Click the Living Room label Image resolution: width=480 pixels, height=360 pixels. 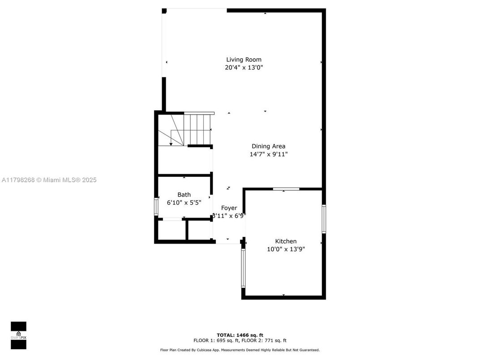244,60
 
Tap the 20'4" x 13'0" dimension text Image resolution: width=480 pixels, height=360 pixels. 244,68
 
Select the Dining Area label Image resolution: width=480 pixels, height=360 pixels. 268,146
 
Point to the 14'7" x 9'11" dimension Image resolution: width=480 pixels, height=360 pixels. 268,154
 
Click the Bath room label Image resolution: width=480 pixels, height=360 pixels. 184,194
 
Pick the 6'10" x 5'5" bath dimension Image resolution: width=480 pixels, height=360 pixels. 184,202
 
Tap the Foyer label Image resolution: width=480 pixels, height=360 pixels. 229,208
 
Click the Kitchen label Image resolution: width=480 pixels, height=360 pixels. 286,241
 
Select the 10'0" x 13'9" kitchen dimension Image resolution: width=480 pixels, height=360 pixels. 286,249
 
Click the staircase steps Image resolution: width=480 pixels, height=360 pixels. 197,129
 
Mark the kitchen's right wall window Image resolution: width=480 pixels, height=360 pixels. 324,219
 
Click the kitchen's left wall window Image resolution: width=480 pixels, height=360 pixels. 244,268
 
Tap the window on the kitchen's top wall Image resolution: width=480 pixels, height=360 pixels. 286,189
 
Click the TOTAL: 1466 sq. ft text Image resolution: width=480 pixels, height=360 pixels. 240,335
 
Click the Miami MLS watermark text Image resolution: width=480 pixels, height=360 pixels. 49,180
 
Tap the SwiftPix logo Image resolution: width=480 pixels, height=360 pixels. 18,335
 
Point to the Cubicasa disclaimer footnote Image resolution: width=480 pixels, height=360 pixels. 240,350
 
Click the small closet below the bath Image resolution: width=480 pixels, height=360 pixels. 171,230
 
